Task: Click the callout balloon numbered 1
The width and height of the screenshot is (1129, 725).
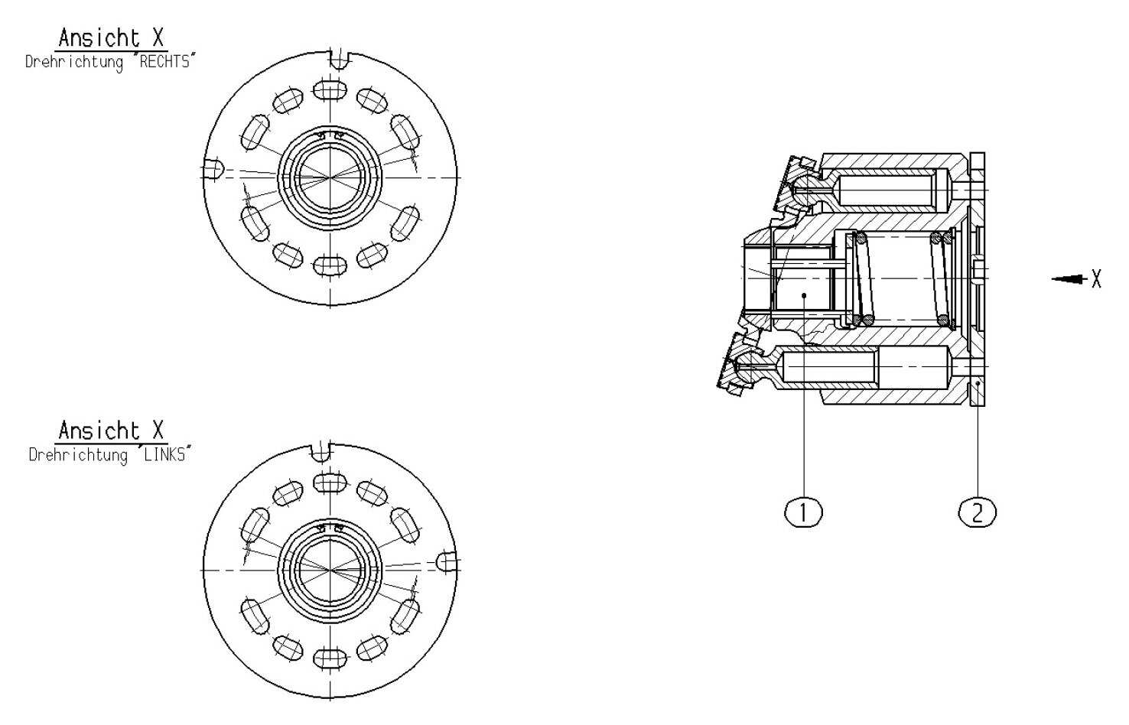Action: click(x=803, y=512)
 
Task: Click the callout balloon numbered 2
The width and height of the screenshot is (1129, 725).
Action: click(x=977, y=512)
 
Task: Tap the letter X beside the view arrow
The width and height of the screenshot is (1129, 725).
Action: click(x=1096, y=279)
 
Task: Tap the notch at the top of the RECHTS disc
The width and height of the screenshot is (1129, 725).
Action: click(x=337, y=57)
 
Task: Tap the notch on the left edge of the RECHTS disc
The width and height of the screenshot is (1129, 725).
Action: click(x=213, y=169)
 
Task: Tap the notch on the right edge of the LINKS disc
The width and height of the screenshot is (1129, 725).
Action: click(x=447, y=563)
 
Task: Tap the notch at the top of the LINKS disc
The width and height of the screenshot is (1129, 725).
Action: click(x=322, y=451)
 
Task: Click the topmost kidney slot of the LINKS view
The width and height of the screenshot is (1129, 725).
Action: click(x=329, y=483)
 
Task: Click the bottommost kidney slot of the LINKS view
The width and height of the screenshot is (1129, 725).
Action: click(x=329, y=658)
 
